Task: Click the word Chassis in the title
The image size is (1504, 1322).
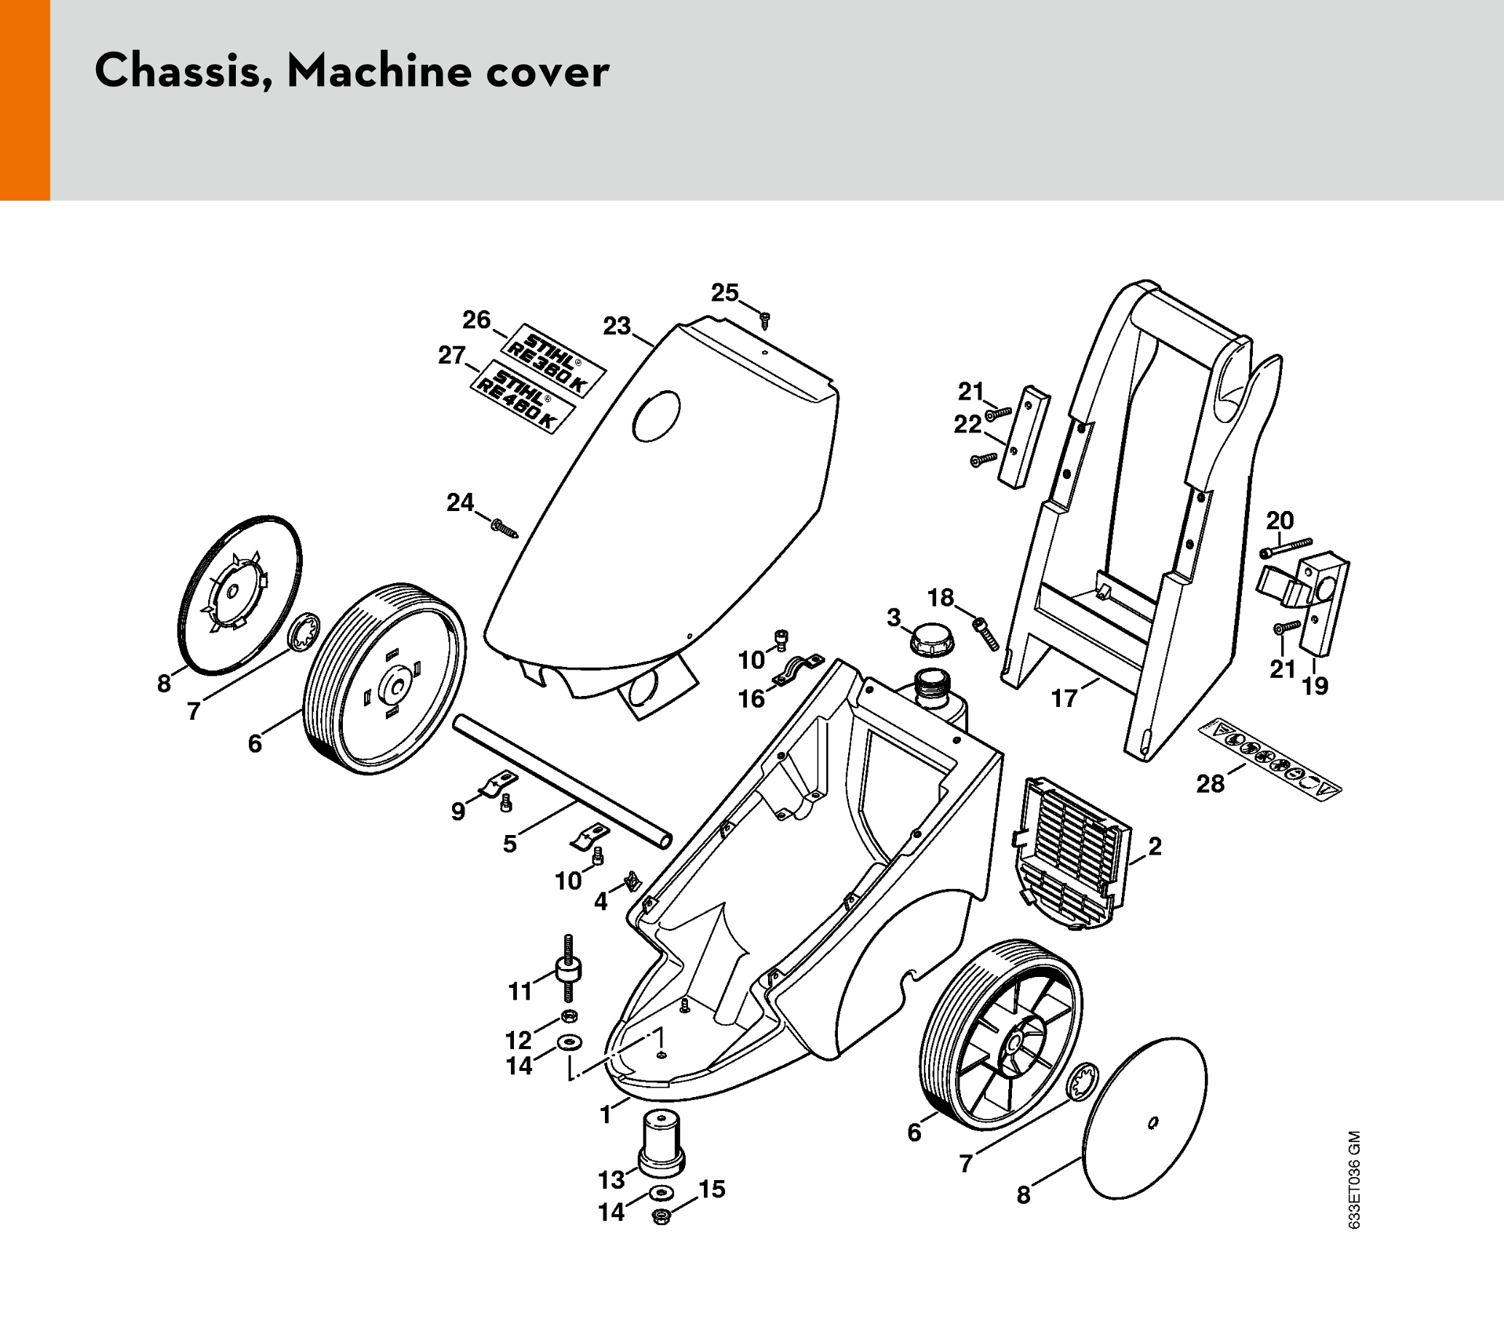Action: tap(181, 72)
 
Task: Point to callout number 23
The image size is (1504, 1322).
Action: tap(617, 326)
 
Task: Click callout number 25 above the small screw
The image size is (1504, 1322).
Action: tap(724, 293)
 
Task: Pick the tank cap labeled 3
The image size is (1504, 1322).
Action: tap(932, 638)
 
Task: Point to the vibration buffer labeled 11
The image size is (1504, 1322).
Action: tap(568, 969)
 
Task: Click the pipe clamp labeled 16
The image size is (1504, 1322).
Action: tap(798, 669)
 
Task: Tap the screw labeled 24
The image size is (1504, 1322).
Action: tap(505, 529)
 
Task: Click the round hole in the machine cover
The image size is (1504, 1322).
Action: tap(657, 416)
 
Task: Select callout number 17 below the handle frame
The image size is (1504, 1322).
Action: tap(1064, 697)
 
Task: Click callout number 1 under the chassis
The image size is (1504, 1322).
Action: tap(606, 1115)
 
